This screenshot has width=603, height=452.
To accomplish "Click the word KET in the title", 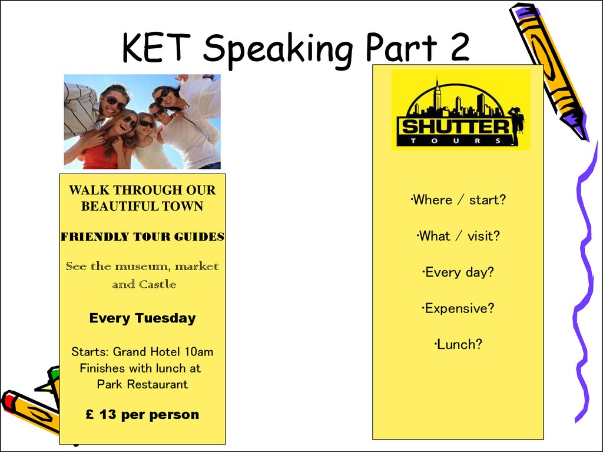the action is coord(157,48).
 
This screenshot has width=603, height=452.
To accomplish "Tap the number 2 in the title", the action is coord(459,47).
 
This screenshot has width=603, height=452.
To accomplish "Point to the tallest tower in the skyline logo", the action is coord(437,95).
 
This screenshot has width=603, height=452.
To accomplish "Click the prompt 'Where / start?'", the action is coord(458,200).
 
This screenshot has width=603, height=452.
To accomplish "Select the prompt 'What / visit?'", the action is coord(458,236).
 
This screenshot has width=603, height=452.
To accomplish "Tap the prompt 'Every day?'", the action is coord(458,272).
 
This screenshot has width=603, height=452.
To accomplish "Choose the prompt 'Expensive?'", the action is coord(458,308).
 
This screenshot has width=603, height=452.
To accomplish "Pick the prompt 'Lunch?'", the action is coord(458,345).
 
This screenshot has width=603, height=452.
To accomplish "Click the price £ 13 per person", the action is coord(143,415).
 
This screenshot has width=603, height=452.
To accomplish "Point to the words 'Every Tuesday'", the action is coord(143,318).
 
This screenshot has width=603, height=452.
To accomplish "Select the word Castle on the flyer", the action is coord(158,284).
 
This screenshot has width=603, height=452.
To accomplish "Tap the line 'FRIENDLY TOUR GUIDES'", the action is coord(143,237).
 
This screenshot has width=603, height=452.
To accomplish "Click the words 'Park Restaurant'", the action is coord(143,384).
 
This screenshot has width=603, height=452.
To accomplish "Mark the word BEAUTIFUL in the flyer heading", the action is coord(121,207).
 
